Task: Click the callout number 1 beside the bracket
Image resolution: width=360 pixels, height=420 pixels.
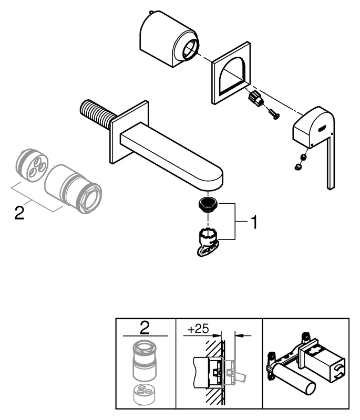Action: coord(252,223)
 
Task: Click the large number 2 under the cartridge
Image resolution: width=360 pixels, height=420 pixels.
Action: coord(19,214)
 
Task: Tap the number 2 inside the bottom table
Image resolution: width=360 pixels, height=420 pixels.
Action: coord(145,329)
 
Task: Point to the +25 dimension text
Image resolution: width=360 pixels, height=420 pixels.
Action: coord(198,330)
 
